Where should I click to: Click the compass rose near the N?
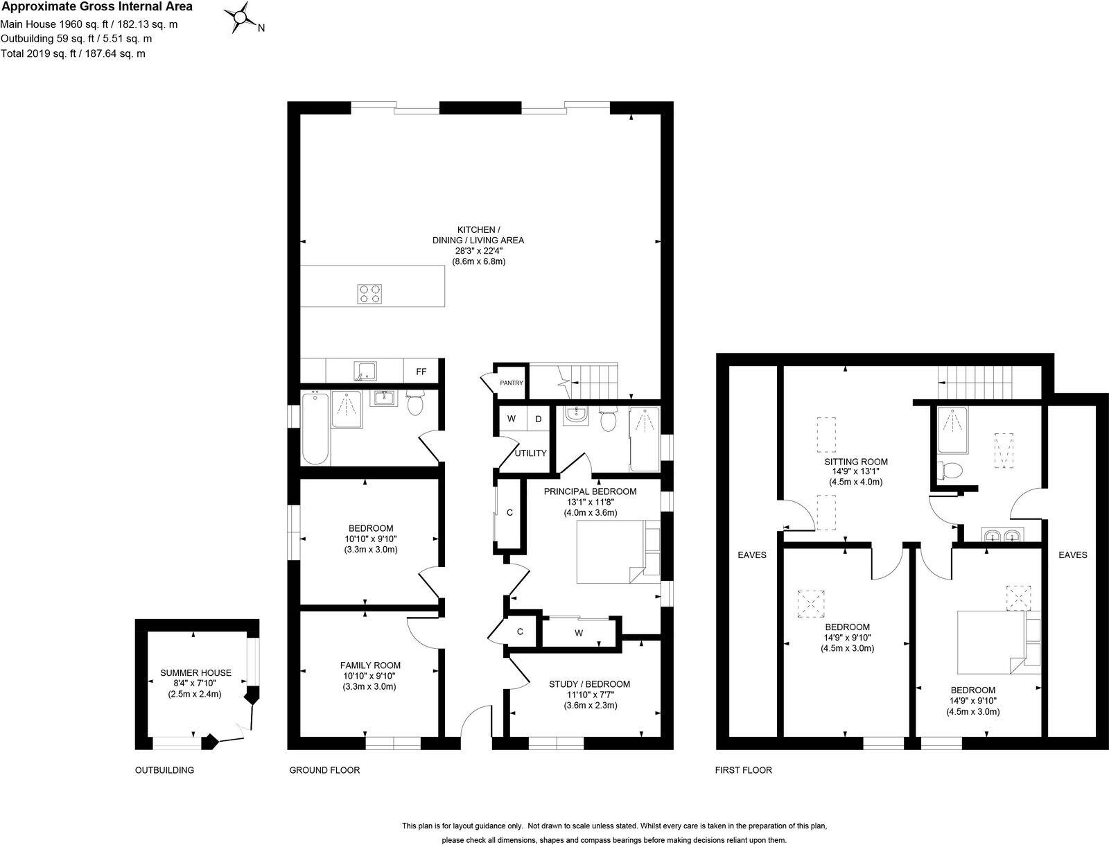241,18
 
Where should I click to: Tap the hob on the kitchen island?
370,294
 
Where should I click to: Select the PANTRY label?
512,383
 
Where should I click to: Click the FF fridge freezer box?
421,372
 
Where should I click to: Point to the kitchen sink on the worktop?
365,371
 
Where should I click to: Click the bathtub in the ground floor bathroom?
315,427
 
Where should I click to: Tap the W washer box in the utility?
512,419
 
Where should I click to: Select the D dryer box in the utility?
538,419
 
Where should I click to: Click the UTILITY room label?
530,453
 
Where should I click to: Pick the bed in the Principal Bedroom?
618,552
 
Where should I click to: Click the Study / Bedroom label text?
590,684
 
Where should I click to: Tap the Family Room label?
370,665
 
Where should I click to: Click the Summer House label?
195,673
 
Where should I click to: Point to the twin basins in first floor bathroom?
1003,535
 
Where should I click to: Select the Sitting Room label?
856,461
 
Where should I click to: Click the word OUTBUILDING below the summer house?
165,770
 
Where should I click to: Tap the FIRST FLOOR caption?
744,770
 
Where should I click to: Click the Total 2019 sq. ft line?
73,53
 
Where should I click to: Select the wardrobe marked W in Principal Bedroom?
579,632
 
